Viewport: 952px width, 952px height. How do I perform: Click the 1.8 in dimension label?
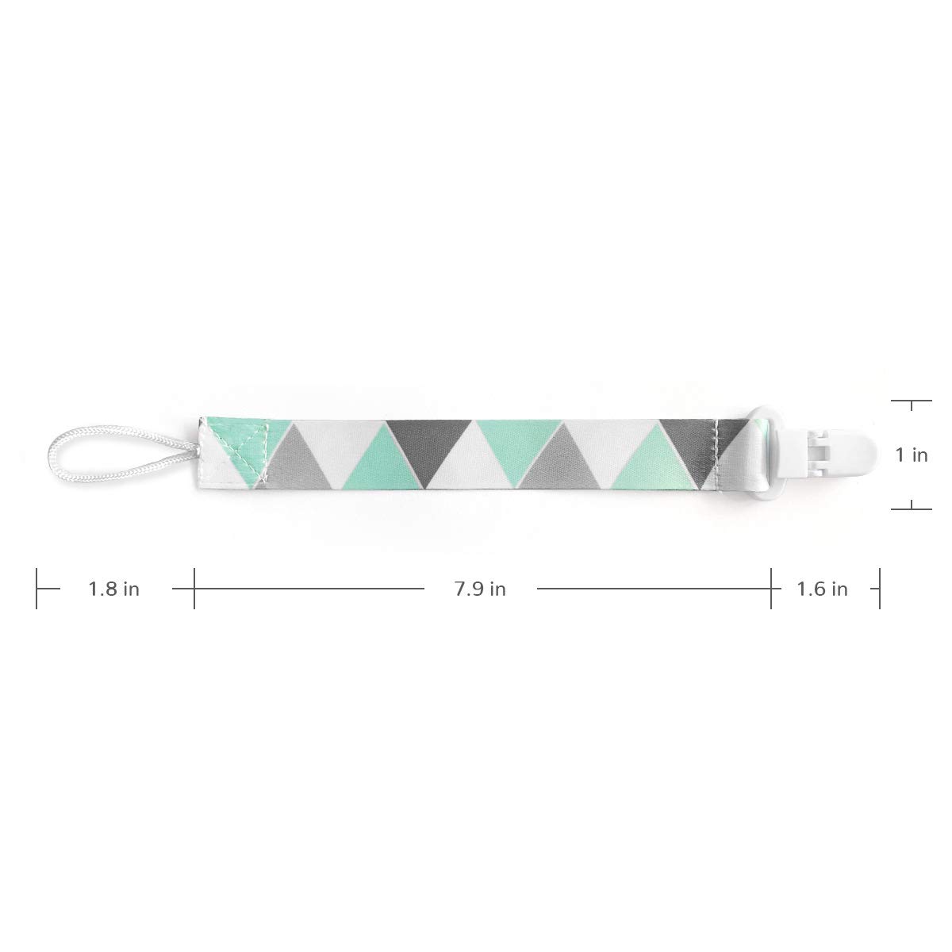coord(113,589)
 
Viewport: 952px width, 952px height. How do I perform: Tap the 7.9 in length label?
coord(480,589)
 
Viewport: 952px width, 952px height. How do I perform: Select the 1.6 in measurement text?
coord(822,589)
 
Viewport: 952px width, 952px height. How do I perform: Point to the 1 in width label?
coord(912,455)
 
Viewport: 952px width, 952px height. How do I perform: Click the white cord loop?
coord(55,455)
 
